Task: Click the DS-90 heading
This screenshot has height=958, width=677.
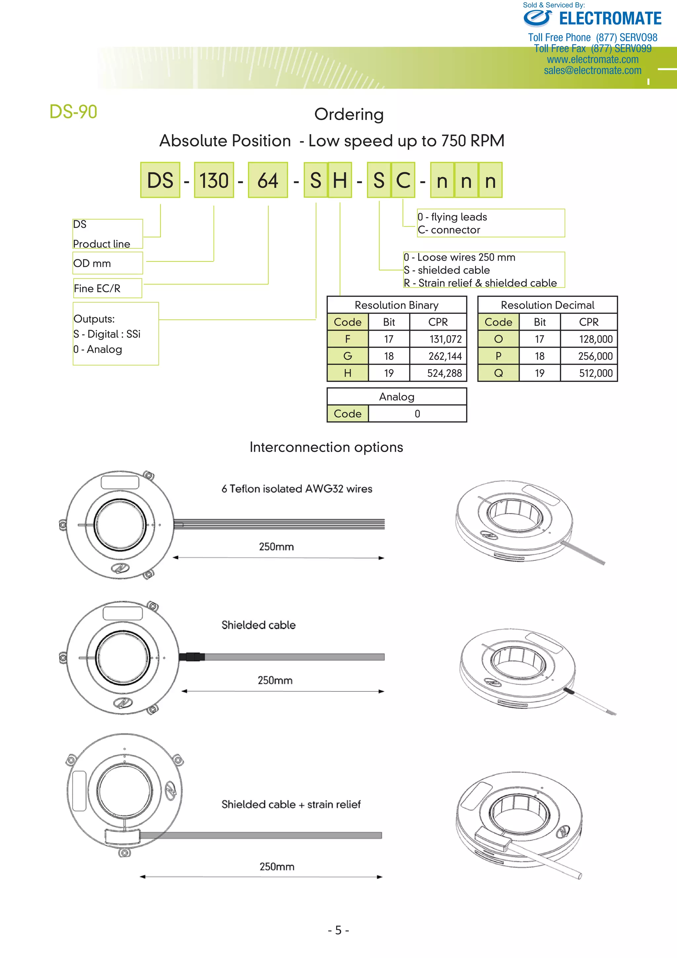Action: (x=73, y=112)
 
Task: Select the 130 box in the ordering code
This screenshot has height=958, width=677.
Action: (x=214, y=180)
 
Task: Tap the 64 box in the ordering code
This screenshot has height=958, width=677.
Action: (x=268, y=180)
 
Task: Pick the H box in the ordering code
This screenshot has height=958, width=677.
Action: (x=340, y=180)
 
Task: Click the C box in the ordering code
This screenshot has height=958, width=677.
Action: (x=403, y=180)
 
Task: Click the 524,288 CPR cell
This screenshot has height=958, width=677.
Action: (x=444, y=373)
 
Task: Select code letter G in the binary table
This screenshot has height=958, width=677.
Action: (x=347, y=356)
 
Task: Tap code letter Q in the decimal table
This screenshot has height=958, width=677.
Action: (x=498, y=373)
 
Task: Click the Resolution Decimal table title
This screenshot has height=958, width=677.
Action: (x=547, y=305)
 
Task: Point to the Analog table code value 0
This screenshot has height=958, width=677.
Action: (x=417, y=413)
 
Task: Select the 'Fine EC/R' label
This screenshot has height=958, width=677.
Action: (x=97, y=288)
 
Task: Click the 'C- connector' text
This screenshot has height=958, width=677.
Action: (x=449, y=230)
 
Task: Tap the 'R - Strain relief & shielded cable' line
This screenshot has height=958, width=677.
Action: (x=480, y=283)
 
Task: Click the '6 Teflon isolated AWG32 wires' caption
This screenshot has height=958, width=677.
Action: (x=297, y=489)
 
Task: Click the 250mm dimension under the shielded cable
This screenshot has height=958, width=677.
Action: (x=275, y=680)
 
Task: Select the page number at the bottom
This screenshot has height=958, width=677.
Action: (x=338, y=930)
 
